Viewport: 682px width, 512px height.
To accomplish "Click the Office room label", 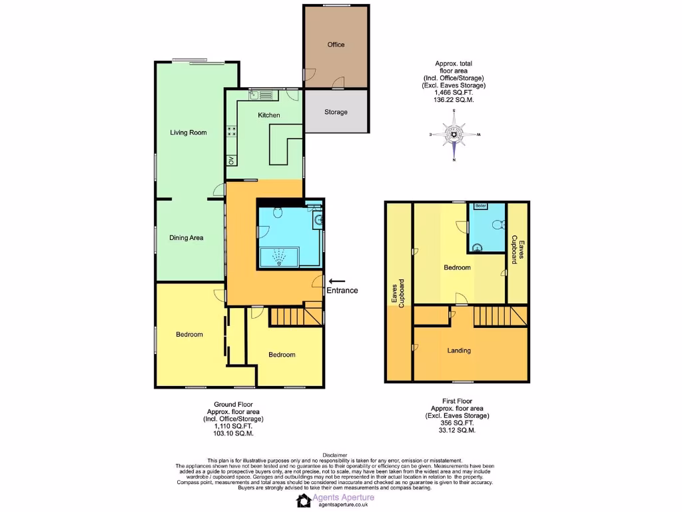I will point(336,45).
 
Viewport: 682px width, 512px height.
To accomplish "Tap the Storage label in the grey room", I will point(336,112).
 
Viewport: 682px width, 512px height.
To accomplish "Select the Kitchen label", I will point(269,115).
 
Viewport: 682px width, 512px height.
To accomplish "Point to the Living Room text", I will point(188,133).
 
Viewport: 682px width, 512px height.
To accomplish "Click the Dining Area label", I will point(186,238).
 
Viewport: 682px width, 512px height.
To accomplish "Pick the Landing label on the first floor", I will point(459,351).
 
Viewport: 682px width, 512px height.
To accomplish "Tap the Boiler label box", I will point(481,206).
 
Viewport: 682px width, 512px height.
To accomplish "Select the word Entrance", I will point(342,291).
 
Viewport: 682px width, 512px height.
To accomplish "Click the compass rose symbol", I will point(454,135).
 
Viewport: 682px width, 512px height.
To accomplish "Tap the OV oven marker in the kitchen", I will point(231,160).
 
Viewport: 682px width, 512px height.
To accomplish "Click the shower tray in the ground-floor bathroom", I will point(279,257).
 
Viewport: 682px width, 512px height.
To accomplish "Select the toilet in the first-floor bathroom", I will point(496,225).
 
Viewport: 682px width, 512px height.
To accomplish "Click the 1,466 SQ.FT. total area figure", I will point(454,93).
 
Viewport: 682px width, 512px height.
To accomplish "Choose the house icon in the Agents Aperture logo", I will point(304,501).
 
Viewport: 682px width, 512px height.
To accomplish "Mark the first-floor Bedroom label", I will point(458,267).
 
